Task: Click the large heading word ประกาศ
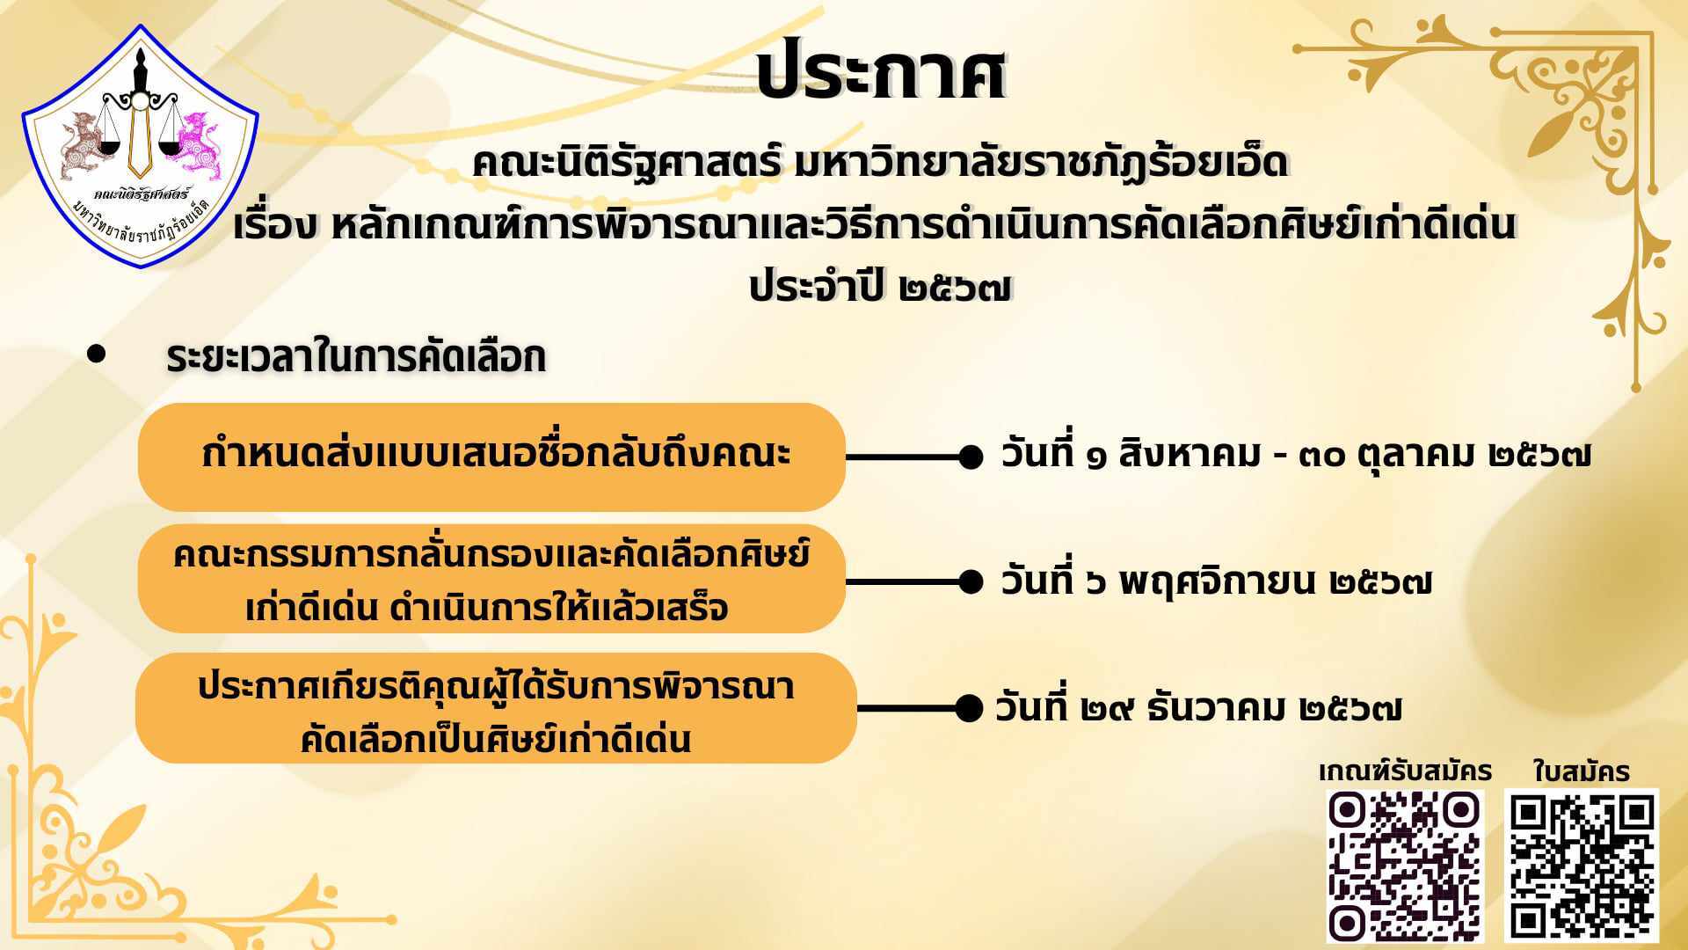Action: (880, 70)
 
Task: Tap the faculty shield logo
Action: (141, 146)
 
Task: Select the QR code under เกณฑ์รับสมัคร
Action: (1404, 865)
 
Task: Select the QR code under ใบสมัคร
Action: (1582, 866)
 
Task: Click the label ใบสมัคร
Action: (1582, 771)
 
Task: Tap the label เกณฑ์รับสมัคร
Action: (1405, 771)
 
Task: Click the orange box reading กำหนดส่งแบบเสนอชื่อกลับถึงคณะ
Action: (491, 457)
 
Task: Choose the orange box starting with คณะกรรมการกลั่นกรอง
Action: (491, 580)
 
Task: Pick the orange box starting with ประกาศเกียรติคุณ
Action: (496, 708)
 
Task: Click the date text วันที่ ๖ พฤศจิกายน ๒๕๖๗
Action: (1217, 581)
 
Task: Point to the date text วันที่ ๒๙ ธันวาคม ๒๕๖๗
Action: (1199, 708)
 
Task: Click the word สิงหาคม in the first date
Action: (1190, 455)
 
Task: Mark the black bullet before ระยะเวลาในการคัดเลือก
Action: (97, 354)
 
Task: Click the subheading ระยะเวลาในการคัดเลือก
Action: (356, 357)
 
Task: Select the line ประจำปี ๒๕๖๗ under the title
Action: (881, 287)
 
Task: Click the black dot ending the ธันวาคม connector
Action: (970, 708)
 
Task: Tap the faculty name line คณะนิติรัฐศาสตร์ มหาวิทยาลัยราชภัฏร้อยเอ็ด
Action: (880, 164)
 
